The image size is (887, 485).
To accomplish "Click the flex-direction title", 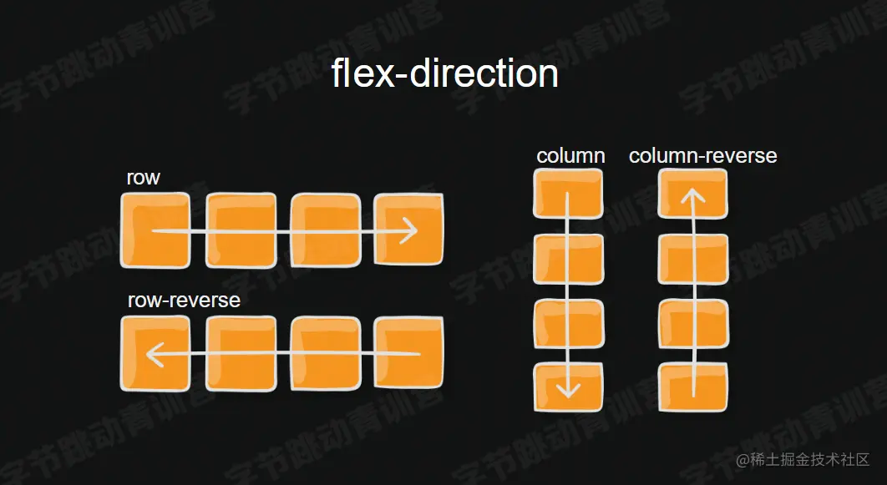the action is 444,73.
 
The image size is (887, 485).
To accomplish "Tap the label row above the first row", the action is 143,178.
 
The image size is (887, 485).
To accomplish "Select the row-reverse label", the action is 184,301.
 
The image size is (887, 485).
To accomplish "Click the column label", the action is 570,156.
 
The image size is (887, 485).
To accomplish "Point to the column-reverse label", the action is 702,156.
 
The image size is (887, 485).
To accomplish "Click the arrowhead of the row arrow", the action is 409,230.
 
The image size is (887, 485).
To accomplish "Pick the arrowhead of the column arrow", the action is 568,388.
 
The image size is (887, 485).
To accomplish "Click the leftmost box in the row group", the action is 155,230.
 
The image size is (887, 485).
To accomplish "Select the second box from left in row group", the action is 241,230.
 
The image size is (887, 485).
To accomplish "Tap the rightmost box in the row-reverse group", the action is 408,354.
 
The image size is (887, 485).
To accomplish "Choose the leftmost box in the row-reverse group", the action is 155,354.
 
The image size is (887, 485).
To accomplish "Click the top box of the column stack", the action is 568,194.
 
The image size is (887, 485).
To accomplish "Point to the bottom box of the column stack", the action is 568,386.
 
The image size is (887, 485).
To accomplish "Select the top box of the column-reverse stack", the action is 693,194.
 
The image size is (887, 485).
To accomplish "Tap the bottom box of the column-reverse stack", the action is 693,386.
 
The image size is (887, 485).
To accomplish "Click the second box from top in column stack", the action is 568,259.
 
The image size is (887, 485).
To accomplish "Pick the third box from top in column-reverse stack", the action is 693,323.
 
